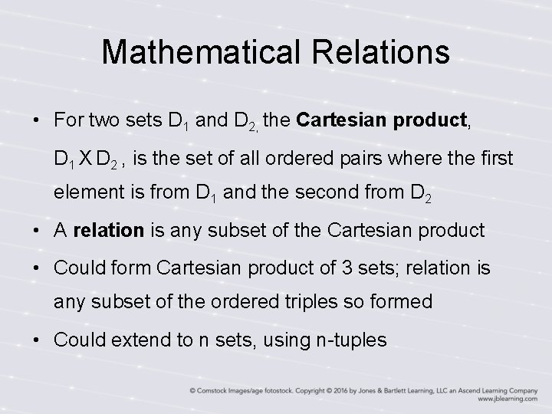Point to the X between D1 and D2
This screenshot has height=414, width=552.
pos(83,159)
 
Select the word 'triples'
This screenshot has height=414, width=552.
pos(299,302)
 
